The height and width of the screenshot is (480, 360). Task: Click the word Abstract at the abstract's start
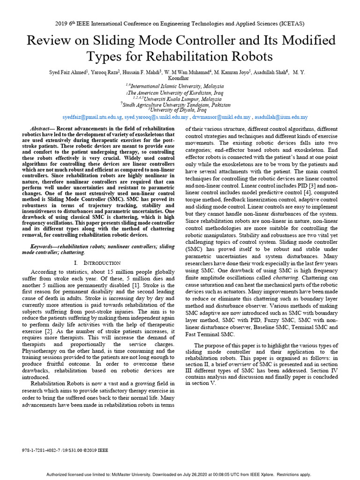point(41,128)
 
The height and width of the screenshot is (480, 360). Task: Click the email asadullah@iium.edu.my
point(281,117)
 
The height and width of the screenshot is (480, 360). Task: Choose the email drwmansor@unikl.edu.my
point(220,117)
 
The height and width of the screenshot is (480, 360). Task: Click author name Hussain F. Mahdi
point(143,72)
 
